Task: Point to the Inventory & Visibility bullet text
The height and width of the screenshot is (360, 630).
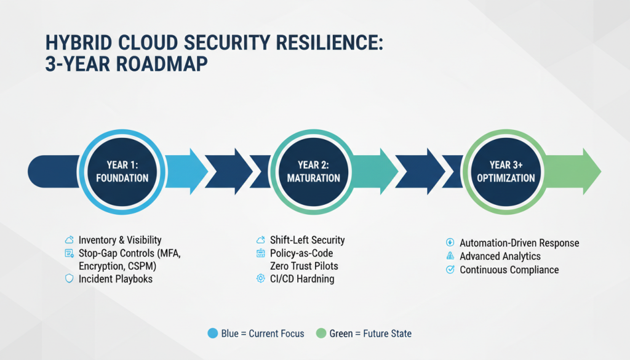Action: [120, 240]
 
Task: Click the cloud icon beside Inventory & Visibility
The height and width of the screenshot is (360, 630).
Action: [69, 240]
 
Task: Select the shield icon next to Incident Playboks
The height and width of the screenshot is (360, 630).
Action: [69, 279]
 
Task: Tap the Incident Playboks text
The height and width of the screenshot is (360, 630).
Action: [116, 279]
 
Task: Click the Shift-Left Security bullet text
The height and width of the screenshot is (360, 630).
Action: [307, 240]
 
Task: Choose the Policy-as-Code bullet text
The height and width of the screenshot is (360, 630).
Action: [301, 253]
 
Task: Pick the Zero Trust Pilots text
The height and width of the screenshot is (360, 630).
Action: [304, 266]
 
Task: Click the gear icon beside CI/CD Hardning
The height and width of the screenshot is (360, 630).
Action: [260, 279]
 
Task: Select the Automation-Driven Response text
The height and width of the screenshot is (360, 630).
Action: [519, 243]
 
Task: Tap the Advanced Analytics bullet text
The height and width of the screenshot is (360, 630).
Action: [500, 256]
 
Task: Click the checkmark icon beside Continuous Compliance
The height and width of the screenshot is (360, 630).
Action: [449, 270]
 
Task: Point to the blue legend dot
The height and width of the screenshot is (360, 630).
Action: [213, 334]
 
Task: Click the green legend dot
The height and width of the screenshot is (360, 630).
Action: [320, 334]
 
